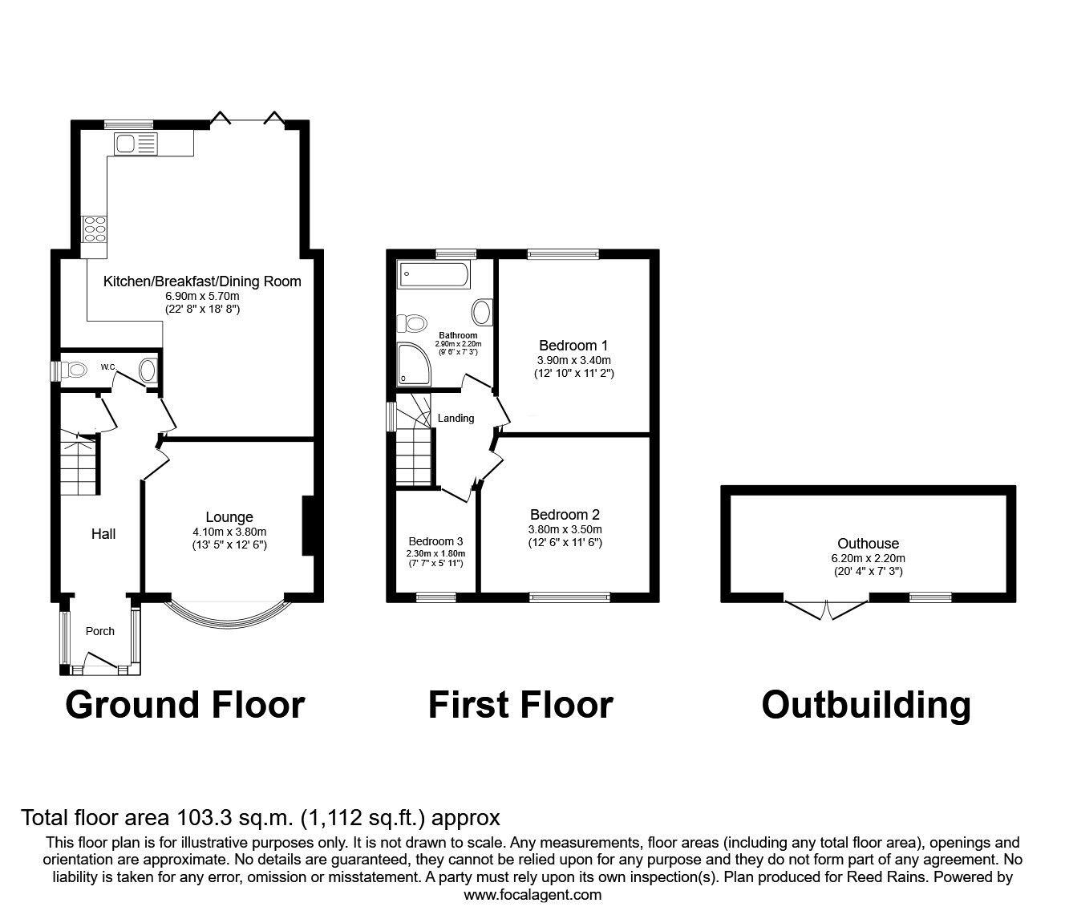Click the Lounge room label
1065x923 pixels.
point(229,517)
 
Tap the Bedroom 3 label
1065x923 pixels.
point(435,541)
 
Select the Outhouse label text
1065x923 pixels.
point(868,544)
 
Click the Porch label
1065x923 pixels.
point(100,631)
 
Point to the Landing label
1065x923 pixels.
point(456,418)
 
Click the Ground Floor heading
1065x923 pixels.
point(184,705)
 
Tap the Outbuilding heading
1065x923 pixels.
point(866,705)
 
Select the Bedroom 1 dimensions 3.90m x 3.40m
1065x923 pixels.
point(573,360)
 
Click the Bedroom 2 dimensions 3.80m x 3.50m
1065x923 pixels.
point(565,529)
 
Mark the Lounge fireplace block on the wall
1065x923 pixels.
point(307,526)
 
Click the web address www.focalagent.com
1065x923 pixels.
point(532,895)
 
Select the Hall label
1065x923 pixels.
point(103,534)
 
